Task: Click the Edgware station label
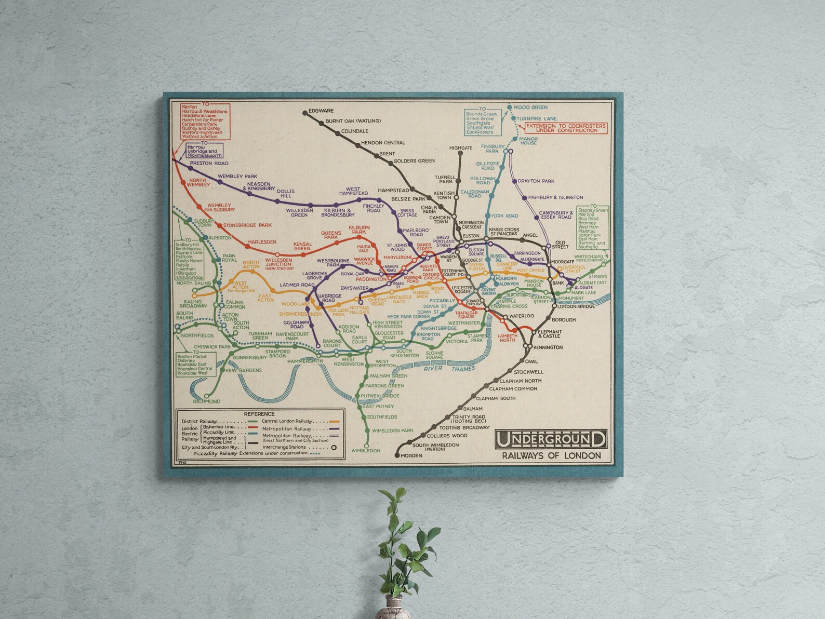pyautogui.click(x=321, y=111)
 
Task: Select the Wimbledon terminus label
pyautogui.click(x=366, y=451)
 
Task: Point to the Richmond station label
pyautogui.click(x=207, y=401)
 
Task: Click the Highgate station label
pyautogui.click(x=460, y=148)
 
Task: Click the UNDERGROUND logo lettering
pyautogui.click(x=551, y=439)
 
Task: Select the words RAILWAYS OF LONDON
pyautogui.click(x=551, y=456)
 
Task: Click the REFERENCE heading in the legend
pyautogui.click(x=258, y=413)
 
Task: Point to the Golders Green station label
pyautogui.click(x=414, y=161)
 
